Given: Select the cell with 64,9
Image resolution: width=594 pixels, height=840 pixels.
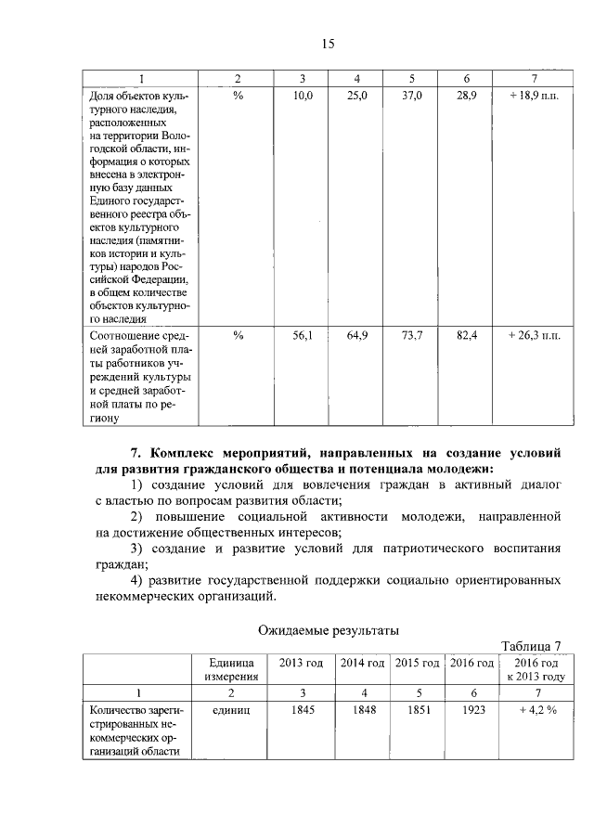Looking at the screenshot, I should click(x=357, y=335).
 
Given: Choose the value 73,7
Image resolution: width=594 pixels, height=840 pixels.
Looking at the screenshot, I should click(x=412, y=335).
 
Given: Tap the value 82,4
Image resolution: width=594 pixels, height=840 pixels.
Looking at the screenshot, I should click(x=467, y=335).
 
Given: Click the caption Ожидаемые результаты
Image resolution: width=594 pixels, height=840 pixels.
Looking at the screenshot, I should click(x=328, y=630).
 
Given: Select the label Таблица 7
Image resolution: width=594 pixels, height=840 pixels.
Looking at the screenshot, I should click(x=531, y=646).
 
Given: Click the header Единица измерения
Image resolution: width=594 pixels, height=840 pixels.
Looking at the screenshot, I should click(x=231, y=669).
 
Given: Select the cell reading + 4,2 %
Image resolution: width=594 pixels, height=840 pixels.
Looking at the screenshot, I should click(x=534, y=710).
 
